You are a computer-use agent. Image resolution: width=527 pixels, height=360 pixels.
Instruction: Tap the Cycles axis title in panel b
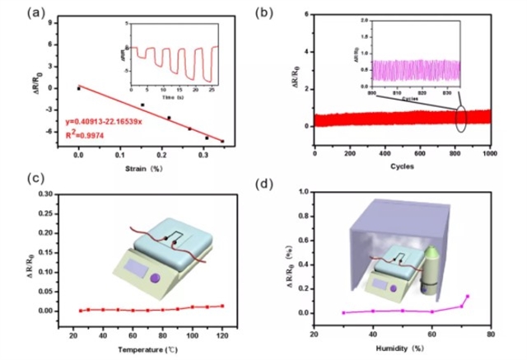(403, 166)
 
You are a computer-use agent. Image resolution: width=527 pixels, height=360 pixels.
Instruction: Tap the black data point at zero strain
(78, 86)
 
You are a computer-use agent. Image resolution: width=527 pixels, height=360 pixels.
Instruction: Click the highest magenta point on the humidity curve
(468, 296)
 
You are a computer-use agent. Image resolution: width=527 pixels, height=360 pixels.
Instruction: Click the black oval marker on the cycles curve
(459, 118)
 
